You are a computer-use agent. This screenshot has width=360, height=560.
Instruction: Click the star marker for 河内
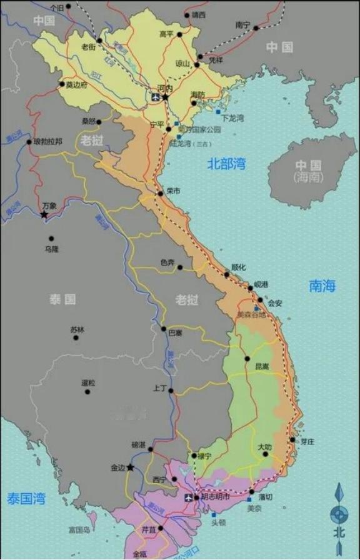coord(166,97)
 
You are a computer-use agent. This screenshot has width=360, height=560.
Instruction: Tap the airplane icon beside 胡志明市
coord(188,497)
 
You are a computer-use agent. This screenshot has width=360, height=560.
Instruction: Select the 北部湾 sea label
coord(226,164)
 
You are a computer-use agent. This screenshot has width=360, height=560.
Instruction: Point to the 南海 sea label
coord(322,286)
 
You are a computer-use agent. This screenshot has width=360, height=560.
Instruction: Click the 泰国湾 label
coord(26,498)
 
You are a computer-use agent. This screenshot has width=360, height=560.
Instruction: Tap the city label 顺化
coord(238,267)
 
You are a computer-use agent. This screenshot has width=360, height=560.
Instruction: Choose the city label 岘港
coord(261,284)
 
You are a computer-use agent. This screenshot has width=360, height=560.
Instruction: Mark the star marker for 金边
coord(131,467)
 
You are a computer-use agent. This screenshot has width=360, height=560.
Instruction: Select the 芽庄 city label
coord(307,441)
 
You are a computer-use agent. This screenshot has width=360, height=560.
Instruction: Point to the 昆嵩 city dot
coord(247,359)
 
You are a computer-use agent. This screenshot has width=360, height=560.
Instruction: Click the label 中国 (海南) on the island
coord(309,171)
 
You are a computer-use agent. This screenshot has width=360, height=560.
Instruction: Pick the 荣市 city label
coord(173,191)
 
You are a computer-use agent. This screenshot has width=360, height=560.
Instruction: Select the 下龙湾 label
coord(232,117)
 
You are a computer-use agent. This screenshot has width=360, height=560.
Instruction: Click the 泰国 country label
coord(62,299)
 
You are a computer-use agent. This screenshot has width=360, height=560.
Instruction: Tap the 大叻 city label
coord(264,447)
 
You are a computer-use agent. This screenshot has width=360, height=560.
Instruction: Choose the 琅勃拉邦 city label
coord(47,142)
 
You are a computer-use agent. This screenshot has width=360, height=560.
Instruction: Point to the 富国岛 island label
coord(79,530)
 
